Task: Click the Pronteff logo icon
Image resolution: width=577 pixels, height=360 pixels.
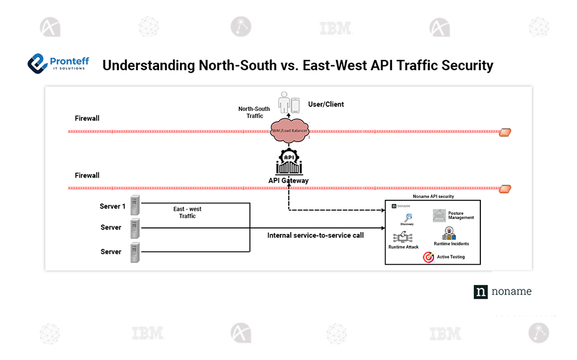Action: point(38,62)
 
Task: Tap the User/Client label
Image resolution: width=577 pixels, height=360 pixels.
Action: point(325,104)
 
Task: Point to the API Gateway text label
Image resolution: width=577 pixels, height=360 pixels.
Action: point(288,181)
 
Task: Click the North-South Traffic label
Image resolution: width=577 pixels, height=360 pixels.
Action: point(255,112)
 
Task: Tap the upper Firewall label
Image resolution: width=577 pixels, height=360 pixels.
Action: point(87,118)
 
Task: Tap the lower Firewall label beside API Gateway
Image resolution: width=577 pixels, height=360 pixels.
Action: point(87,175)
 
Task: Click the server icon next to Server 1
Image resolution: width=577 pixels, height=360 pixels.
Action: point(135,206)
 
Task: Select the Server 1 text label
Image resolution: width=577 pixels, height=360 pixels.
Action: point(113,206)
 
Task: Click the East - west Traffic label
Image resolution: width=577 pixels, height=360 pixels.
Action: point(187,212)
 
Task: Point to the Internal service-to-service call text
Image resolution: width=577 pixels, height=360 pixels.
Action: point(315,235)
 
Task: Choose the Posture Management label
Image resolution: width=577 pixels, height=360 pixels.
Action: point(461,215)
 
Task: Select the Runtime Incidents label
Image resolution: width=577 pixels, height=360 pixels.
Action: point(452,244)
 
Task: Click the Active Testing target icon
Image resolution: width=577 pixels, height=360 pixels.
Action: point(428,257)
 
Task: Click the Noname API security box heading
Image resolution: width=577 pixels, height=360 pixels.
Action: point(433,196)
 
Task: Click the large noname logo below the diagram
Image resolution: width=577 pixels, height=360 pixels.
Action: point(502,292)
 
